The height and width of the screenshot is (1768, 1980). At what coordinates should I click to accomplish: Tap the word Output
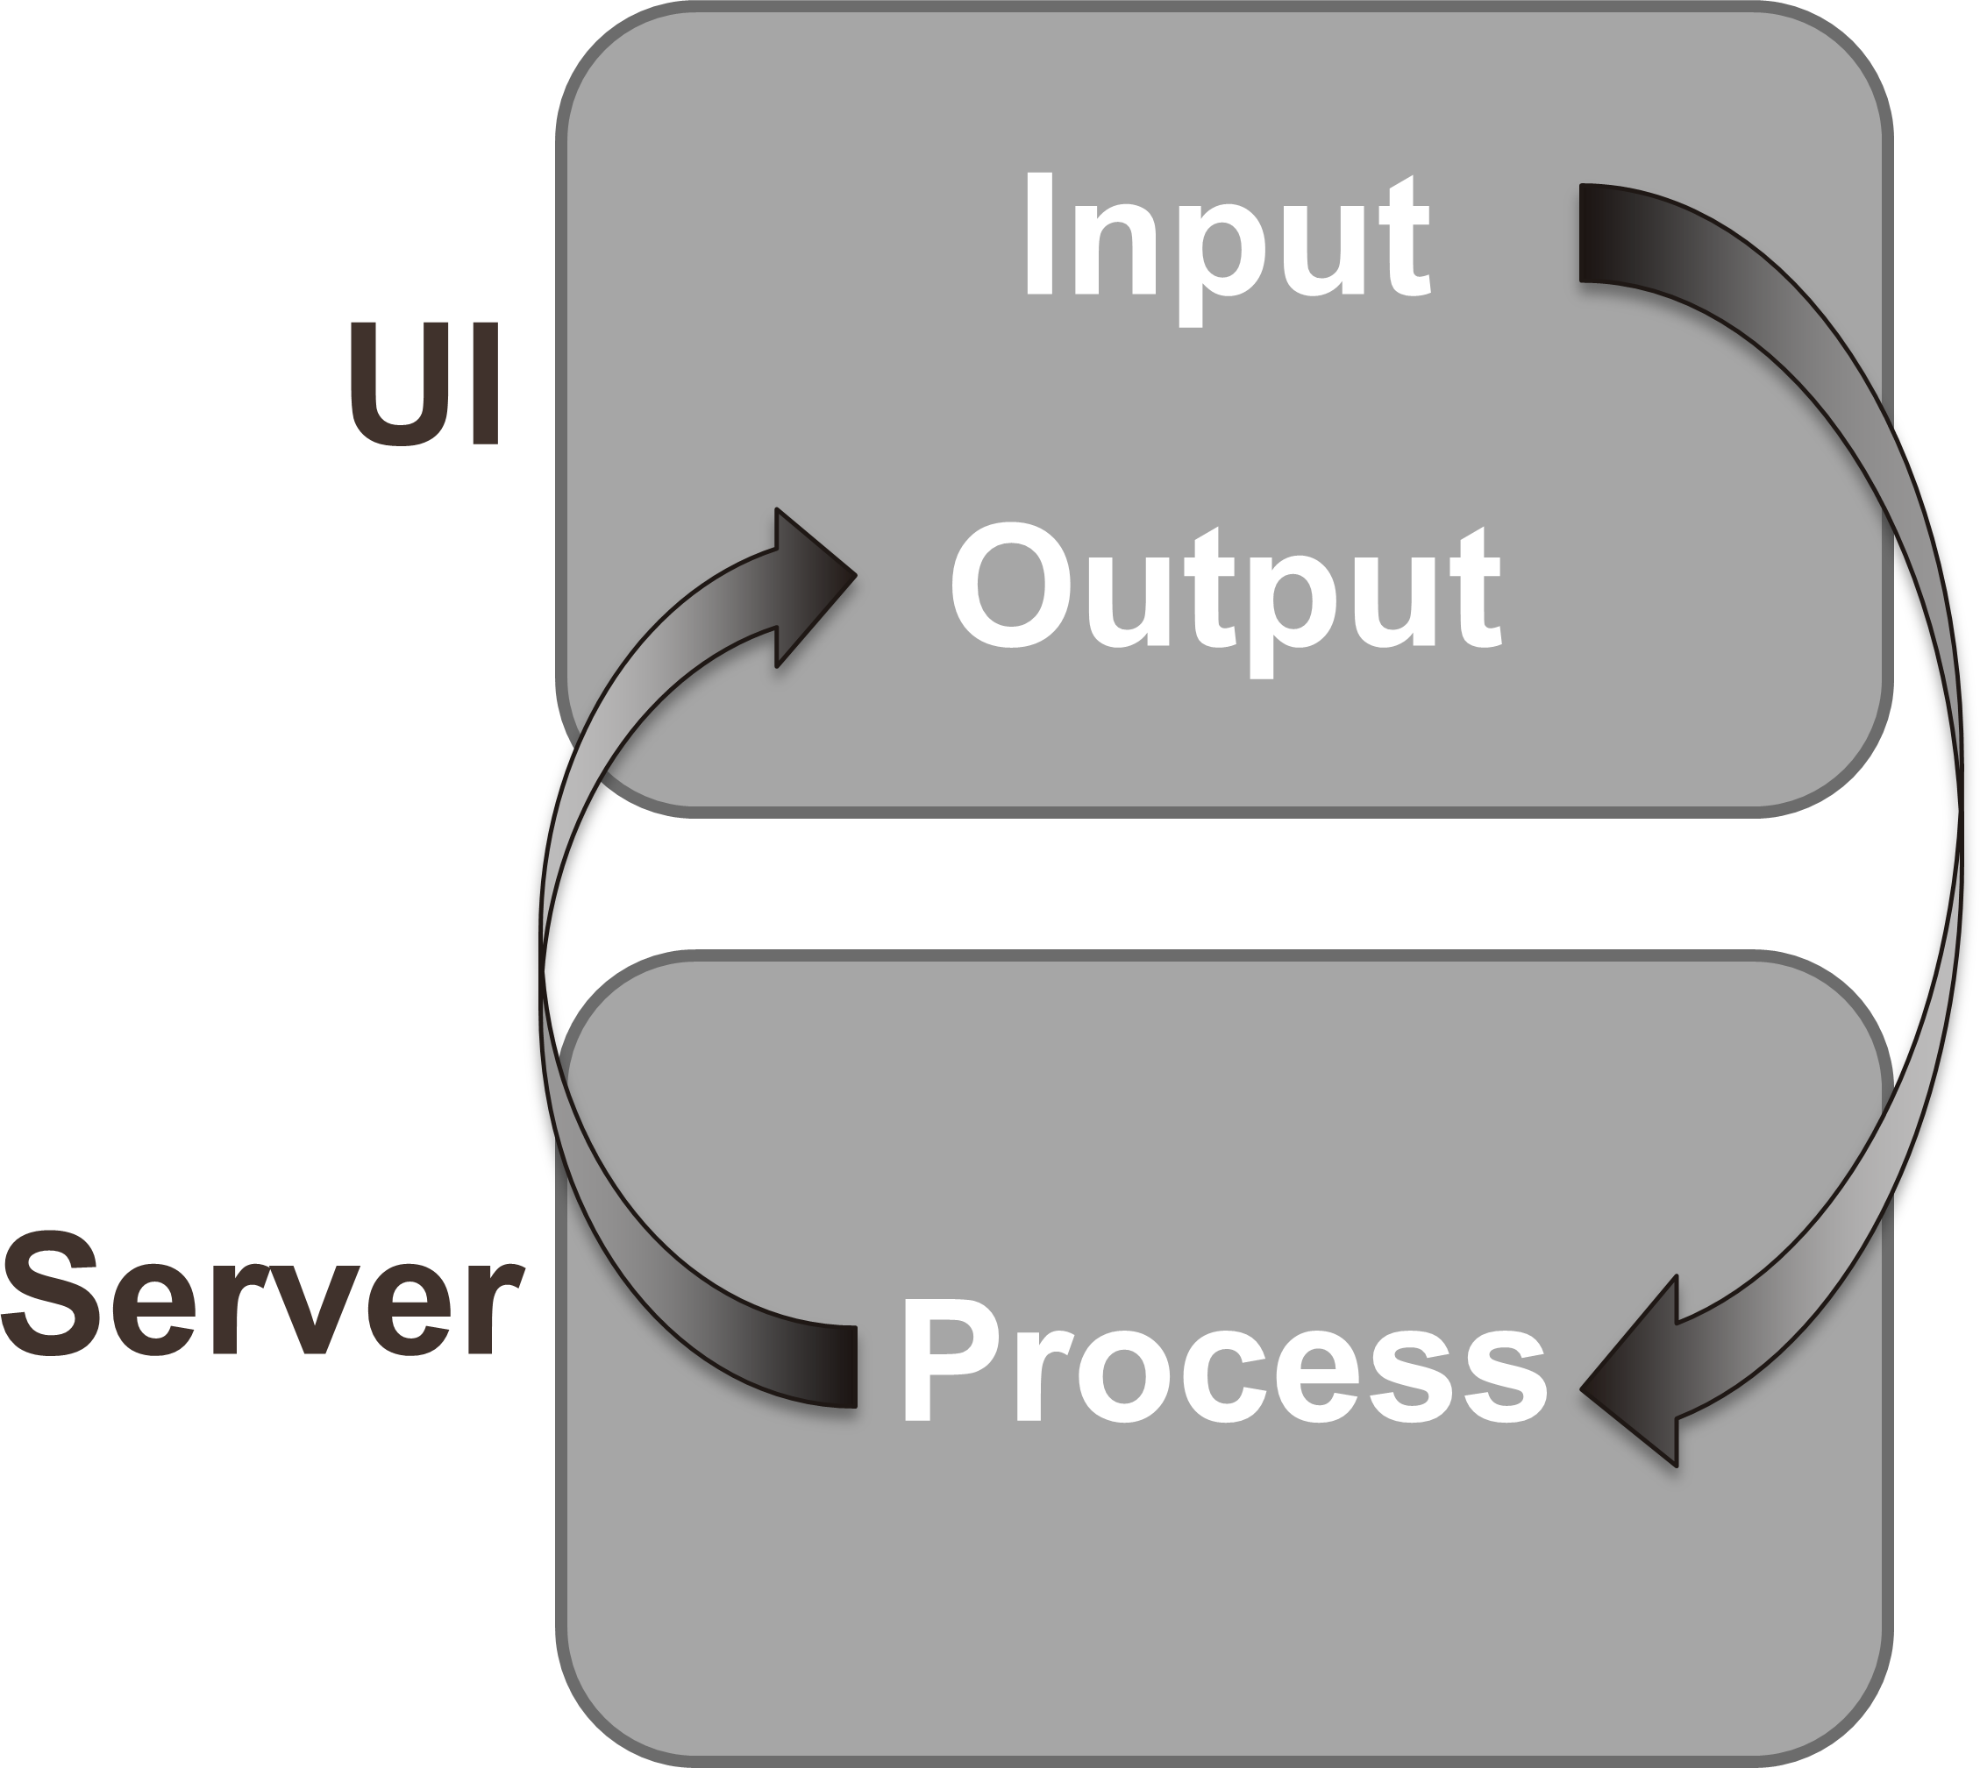(1226, 600)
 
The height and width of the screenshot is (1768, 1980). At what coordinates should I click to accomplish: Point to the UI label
(424, 385)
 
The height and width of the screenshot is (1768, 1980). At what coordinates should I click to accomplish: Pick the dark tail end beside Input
(1603, 233)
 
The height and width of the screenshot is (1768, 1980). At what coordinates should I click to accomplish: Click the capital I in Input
(1040, 233)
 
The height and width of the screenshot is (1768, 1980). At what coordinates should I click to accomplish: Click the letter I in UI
(486, 385)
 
